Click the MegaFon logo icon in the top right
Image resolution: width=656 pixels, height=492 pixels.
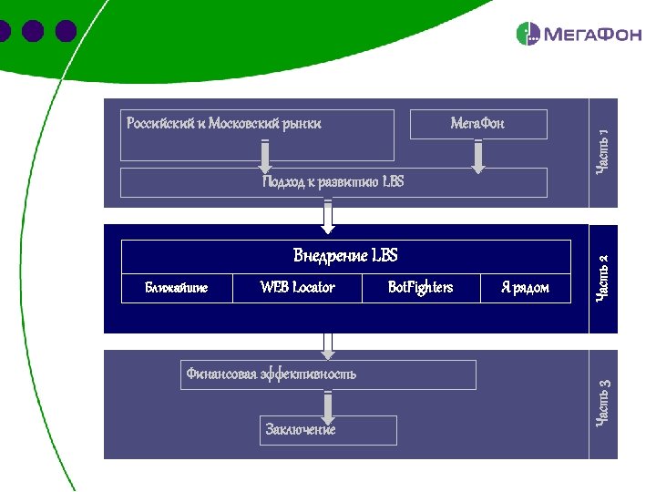pyautogui.click(x=528, y=35)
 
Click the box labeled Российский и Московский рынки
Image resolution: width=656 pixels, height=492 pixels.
pyautogui.click(x=258, y=134)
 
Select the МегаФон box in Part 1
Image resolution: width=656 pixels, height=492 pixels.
pyautogui.click(x=478, y=124)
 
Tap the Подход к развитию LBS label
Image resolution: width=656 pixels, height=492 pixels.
pyautogui.click(x=333, y=182)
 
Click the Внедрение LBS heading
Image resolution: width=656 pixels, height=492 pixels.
pyautogui.click(x=345, y=255)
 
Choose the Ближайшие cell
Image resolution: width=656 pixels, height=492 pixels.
pyautogui.click(x=177, y=288)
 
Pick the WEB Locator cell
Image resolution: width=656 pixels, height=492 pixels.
pyautogui.click(x=297, y=288)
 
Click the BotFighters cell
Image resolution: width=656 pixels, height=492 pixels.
pyautogui.click(x=420, y=288)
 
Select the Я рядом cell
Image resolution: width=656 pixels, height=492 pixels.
pyautogui.click(x=525, y=288)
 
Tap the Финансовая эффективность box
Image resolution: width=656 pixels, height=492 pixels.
pyautogui.click(x=328, y=374)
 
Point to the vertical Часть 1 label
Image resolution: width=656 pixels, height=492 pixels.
pyautogui.click(x=603, y=152)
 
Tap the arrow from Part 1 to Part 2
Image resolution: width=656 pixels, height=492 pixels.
pyautogui.click(x=328, y=215)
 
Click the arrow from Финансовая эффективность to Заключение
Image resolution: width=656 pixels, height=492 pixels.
pyautogui.click(x=328, y=405)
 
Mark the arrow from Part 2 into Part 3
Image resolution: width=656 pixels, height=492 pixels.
pyautogui.click(x=328, y=343)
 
